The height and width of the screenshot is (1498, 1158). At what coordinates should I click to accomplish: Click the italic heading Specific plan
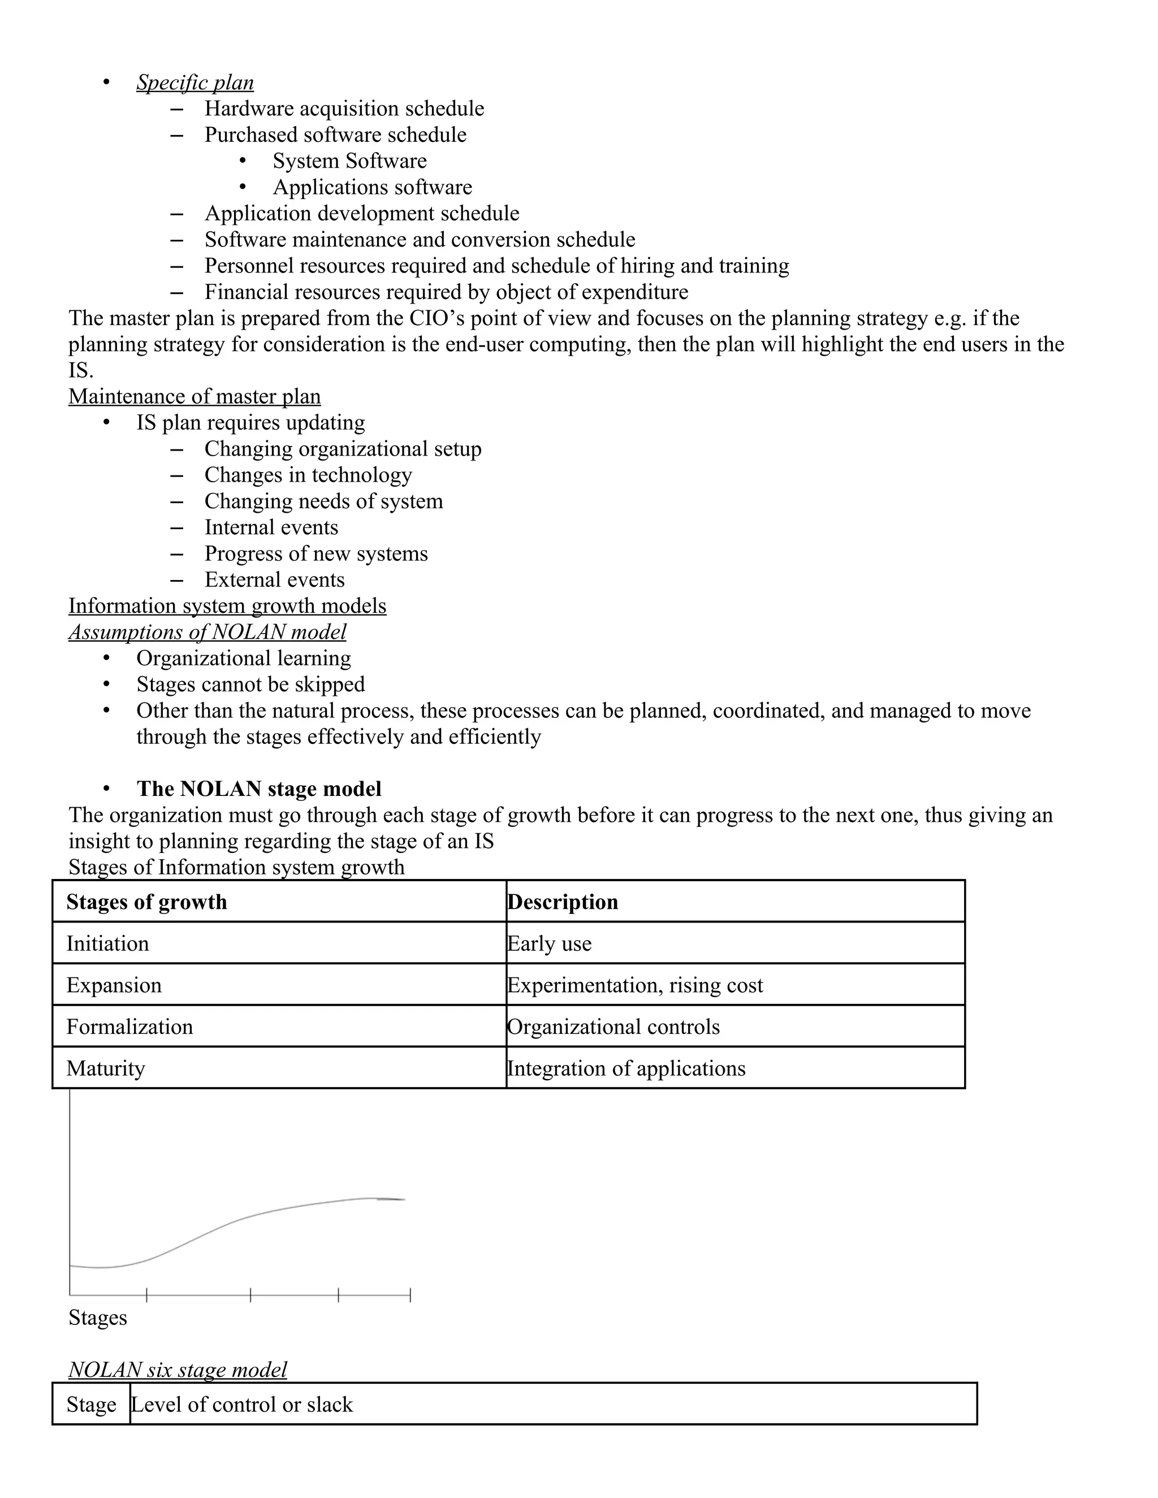coord(195,83)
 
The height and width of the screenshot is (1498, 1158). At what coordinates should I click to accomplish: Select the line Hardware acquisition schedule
coord(344,109)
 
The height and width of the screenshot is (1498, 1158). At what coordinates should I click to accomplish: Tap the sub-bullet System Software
coord(349,161)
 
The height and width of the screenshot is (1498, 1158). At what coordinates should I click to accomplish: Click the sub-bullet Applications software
coord(372,187)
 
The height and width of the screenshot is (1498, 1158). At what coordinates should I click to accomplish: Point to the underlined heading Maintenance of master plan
coord(194,396)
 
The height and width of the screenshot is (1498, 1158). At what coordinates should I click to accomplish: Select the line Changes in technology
coord(308,475)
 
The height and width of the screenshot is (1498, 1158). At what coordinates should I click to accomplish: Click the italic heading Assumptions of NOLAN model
coord(207,632)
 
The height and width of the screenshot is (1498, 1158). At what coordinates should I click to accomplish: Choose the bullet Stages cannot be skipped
coord(250,684)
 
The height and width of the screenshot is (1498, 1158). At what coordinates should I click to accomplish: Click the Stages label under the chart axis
coord(97,1318)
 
